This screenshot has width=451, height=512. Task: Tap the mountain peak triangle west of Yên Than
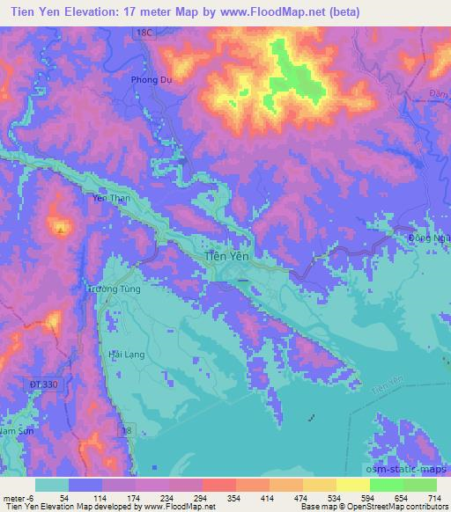click(x=60, y=230)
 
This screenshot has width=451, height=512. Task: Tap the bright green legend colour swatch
click(x=387, y=484)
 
